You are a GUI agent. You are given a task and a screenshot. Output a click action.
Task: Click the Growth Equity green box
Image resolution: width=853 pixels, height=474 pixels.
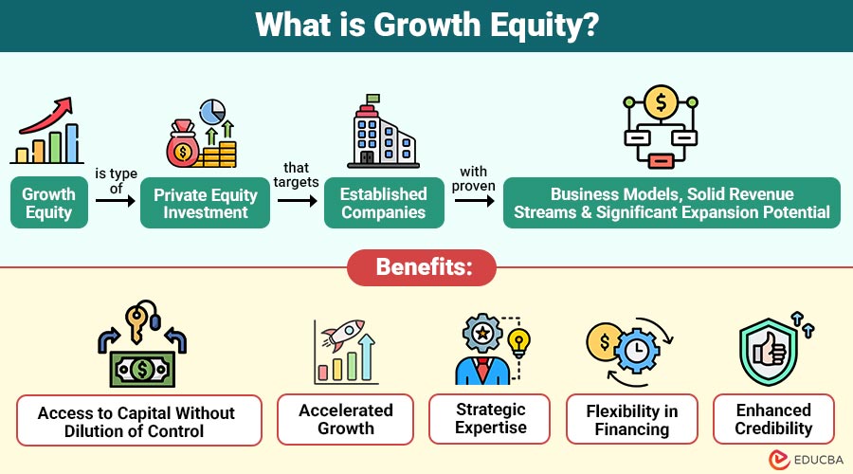coord(49,203)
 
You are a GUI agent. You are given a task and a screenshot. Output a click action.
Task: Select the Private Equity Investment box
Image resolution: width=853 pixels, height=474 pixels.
coord(205,203)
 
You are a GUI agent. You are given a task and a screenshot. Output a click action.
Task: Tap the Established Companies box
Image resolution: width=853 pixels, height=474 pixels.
coord(384,203)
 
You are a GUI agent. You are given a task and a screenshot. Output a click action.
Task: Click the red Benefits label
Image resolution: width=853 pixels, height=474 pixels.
coord(422,267)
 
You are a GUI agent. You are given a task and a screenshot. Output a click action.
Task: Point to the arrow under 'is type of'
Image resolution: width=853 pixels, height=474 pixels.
coord(116,201)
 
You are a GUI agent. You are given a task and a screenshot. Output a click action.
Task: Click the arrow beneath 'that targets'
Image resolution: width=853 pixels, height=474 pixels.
coord(297,201)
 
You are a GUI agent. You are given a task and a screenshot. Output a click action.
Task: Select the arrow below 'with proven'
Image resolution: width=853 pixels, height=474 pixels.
coord(475,201)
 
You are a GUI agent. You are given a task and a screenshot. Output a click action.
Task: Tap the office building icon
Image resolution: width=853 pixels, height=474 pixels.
coord(384,131)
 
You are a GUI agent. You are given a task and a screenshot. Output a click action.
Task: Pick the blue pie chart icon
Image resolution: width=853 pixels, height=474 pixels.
coord(212,112)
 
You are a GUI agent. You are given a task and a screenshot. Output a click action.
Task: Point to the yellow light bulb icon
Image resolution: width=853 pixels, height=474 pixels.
coord(519,343)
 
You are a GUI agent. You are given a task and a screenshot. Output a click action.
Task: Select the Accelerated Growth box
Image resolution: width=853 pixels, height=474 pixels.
coord(345,420)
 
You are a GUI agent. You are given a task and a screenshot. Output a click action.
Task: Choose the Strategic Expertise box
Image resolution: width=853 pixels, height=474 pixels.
coord(490,419)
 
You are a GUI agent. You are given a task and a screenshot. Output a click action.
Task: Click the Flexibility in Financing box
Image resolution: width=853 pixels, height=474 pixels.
coord(632,420)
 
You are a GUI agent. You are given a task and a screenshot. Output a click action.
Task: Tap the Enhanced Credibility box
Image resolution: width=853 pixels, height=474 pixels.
coord(773,419)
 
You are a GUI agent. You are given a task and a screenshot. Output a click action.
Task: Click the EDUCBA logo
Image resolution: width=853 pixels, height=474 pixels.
coord(806,460)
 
